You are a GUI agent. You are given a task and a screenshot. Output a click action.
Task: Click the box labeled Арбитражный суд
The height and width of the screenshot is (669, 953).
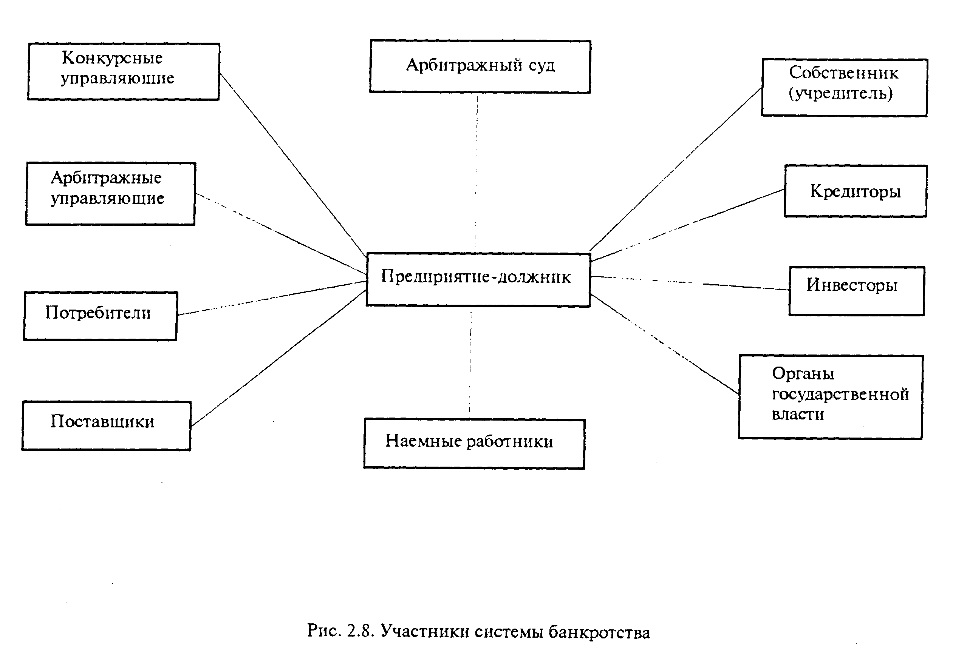tap(480, 66)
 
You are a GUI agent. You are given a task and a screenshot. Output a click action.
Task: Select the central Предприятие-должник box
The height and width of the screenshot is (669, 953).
tap(478, 279)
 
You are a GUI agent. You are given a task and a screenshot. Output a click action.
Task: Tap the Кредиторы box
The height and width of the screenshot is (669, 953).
tap(855, 191)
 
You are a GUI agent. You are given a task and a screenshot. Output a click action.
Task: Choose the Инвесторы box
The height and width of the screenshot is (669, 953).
tap(856, 290)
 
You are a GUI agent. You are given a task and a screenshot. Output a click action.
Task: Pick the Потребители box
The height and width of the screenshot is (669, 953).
tap(100, 316)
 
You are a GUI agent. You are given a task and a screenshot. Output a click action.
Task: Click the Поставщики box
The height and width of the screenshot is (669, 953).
tap(106, 425)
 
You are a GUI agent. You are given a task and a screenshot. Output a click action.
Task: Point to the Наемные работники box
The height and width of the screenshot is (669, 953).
tap(474, 443)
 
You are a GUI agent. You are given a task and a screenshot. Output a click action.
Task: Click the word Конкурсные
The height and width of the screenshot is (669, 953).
tap(112, 58)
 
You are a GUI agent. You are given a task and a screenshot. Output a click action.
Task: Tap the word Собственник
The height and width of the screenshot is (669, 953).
tap(843, 73)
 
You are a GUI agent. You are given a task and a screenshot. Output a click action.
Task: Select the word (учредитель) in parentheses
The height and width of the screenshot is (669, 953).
tap(840, 94)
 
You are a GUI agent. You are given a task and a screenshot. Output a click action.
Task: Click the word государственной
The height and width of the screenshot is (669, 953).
tap(840, 394)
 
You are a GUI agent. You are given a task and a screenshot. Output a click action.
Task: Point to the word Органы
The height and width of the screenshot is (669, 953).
tap(803, 374)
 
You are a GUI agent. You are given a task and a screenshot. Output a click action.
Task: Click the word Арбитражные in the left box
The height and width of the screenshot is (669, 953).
tap(106, 178)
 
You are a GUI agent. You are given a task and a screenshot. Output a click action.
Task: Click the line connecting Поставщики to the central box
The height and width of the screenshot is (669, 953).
tap(278, 358)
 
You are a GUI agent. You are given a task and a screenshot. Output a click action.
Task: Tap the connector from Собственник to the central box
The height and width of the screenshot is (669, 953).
tap(676, 169)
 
